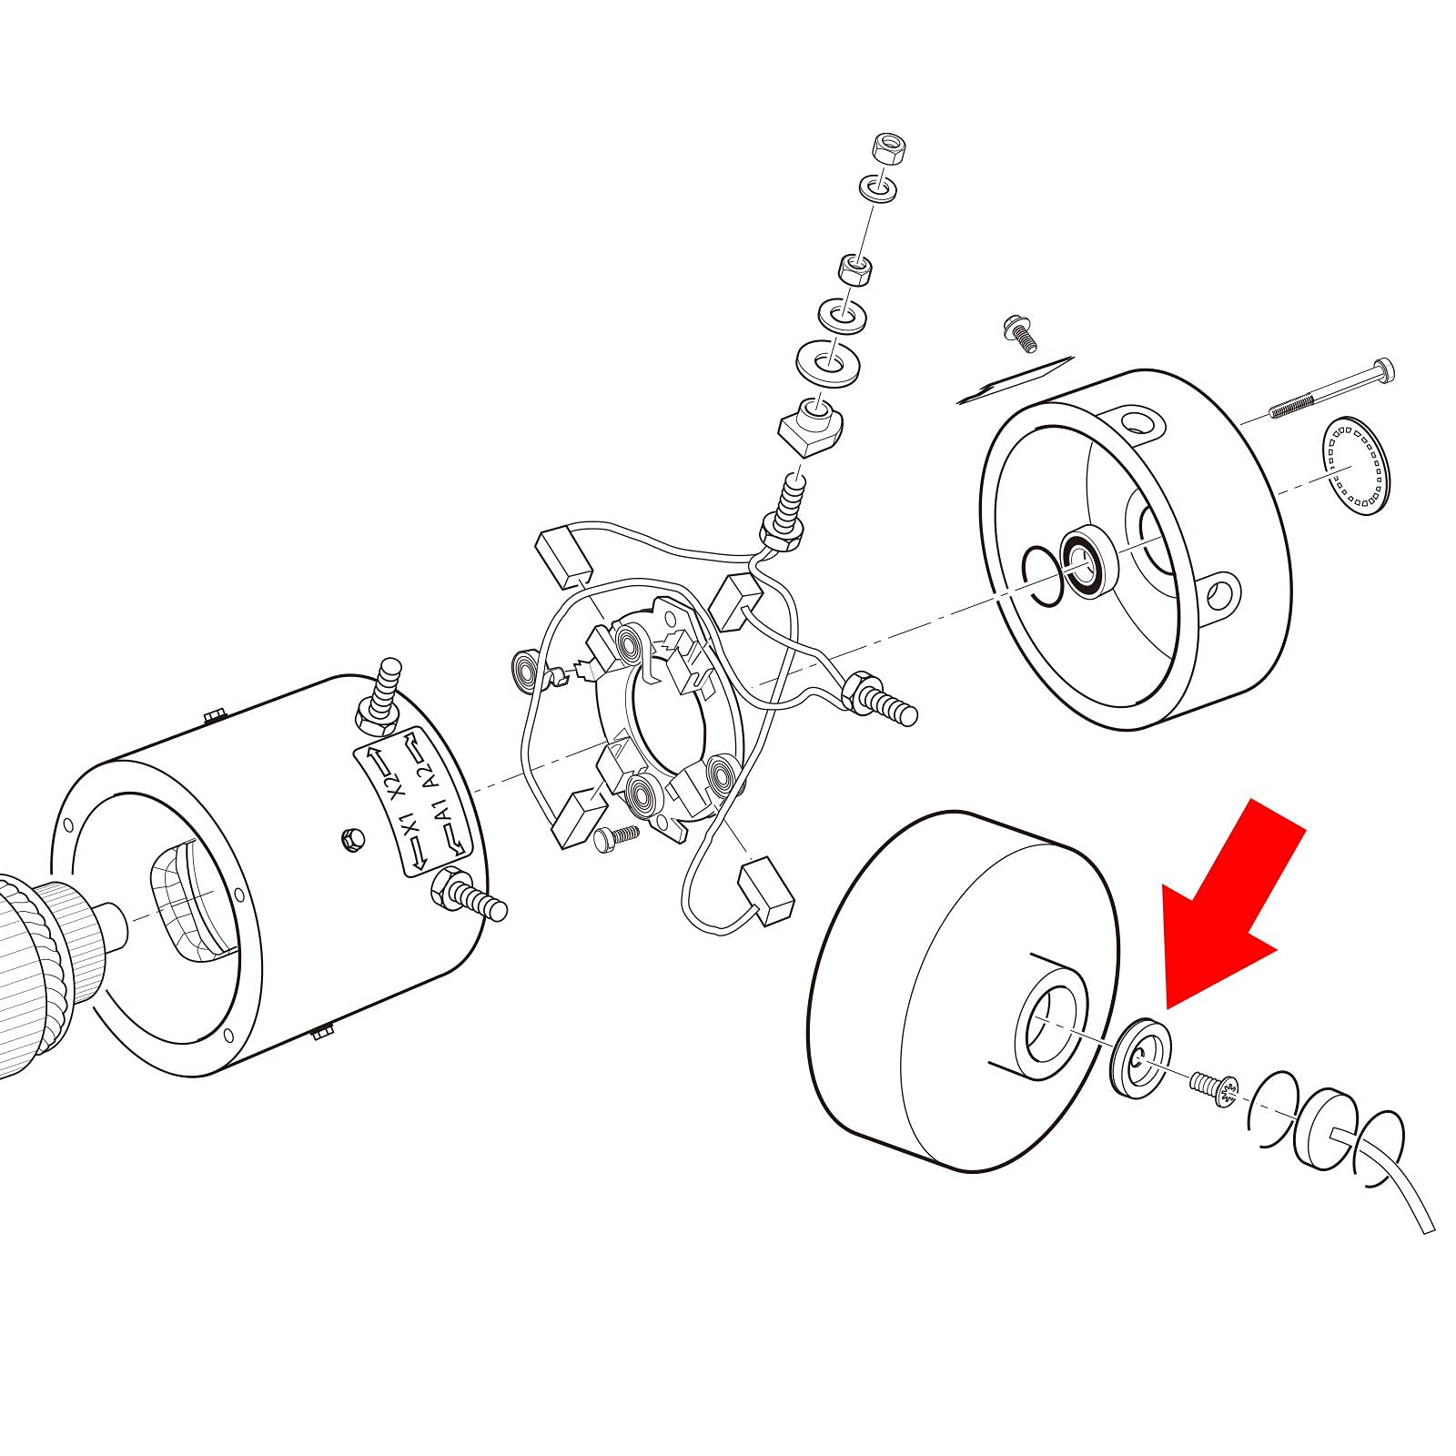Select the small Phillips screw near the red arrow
[x=1213, y=1087]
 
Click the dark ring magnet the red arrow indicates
[x=1141, y=1058]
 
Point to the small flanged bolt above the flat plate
[x=1017, y=332]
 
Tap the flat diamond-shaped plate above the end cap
[x=1015, y=379]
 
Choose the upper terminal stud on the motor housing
[x=380, y=695]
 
